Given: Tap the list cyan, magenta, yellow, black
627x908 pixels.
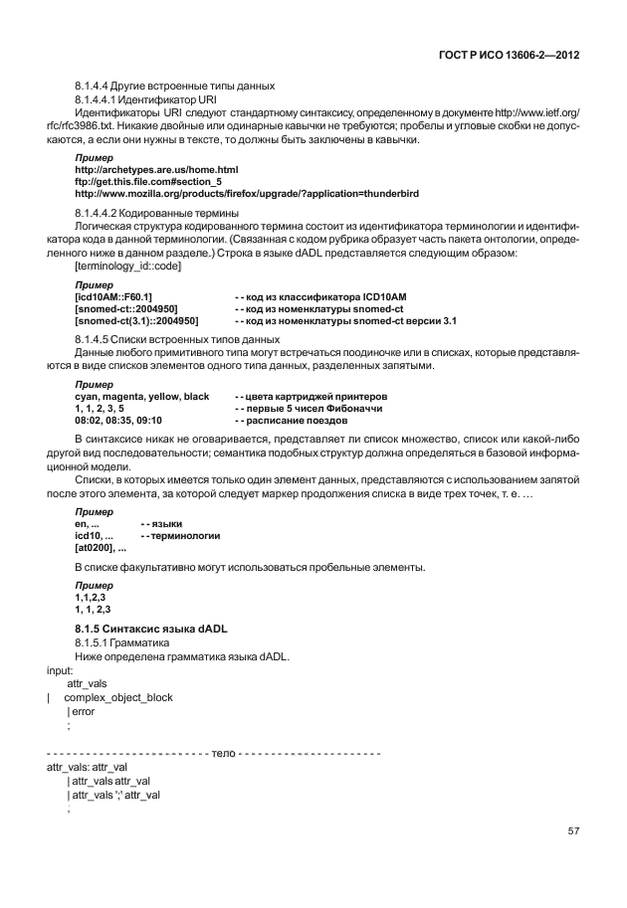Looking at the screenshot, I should [142, 396].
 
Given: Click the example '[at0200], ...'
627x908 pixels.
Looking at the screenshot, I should [101, 547].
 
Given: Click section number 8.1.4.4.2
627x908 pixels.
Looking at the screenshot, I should [100, 214].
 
